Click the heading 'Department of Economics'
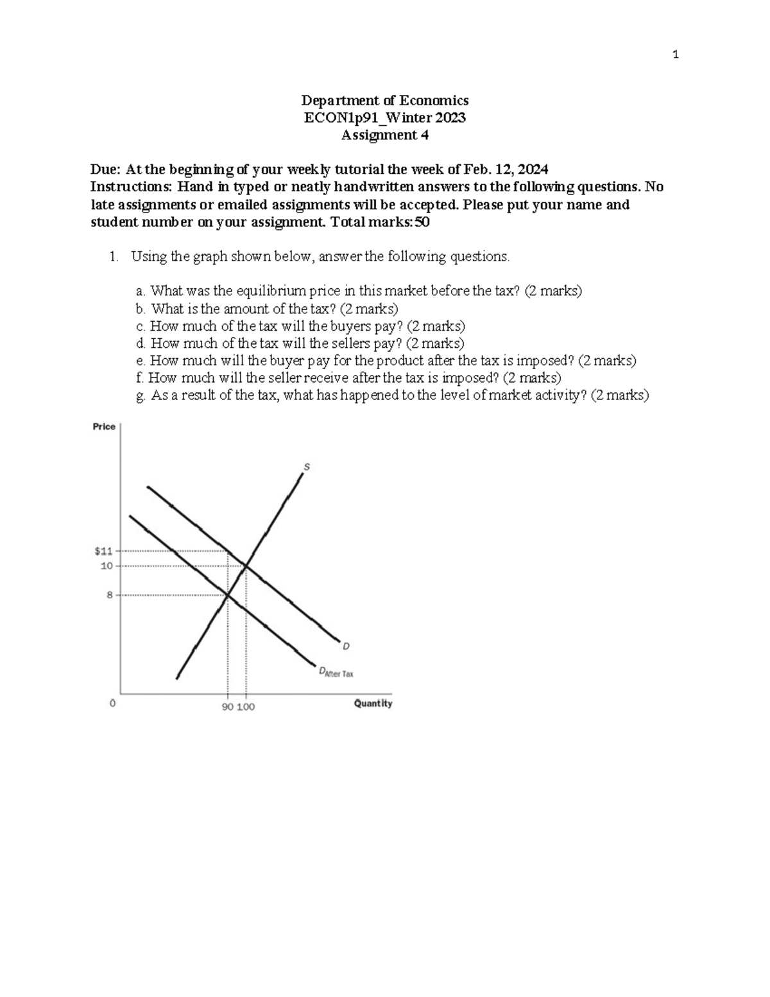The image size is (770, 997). click(385, 100)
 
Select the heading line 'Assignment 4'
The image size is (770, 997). click(385, 135)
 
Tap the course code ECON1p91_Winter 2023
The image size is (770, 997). click(385, 117)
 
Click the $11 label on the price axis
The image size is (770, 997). click(103, 551)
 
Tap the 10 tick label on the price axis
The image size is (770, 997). click(106, 566)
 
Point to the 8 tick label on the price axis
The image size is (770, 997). click(109, 595)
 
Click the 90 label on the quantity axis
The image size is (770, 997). click(227, 707)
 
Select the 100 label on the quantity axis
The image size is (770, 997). click(246, 707)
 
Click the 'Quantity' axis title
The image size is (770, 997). click(373, 704)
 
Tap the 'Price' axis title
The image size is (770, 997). click(104, 426)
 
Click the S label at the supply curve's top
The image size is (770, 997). click(306, 467)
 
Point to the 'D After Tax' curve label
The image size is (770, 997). click(336, 673)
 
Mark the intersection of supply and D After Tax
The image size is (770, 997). click(227, 595)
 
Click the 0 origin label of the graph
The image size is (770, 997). click(112, 704)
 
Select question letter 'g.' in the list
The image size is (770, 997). click(141, 396)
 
